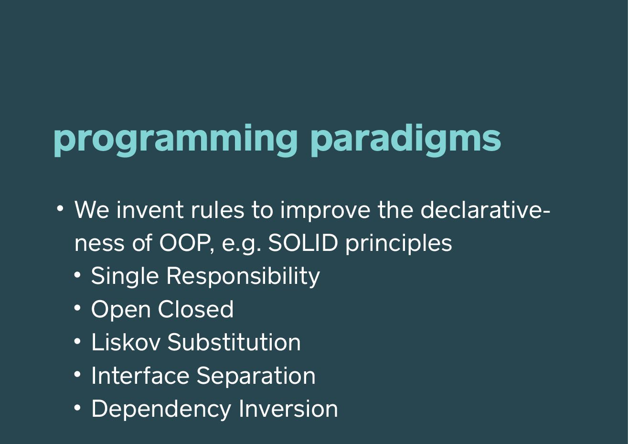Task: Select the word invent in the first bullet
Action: [150, 210]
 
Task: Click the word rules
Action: [217, 210]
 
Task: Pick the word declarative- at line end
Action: [485, 210]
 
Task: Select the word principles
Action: [398, 244]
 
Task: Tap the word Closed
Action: [195, 309]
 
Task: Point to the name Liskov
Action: [126, 342]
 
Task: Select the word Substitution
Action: [234, 342]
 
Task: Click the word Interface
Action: [140, 375]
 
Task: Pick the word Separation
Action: [255, 377]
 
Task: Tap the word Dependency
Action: [161, 410]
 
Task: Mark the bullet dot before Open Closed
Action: [77, 308]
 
